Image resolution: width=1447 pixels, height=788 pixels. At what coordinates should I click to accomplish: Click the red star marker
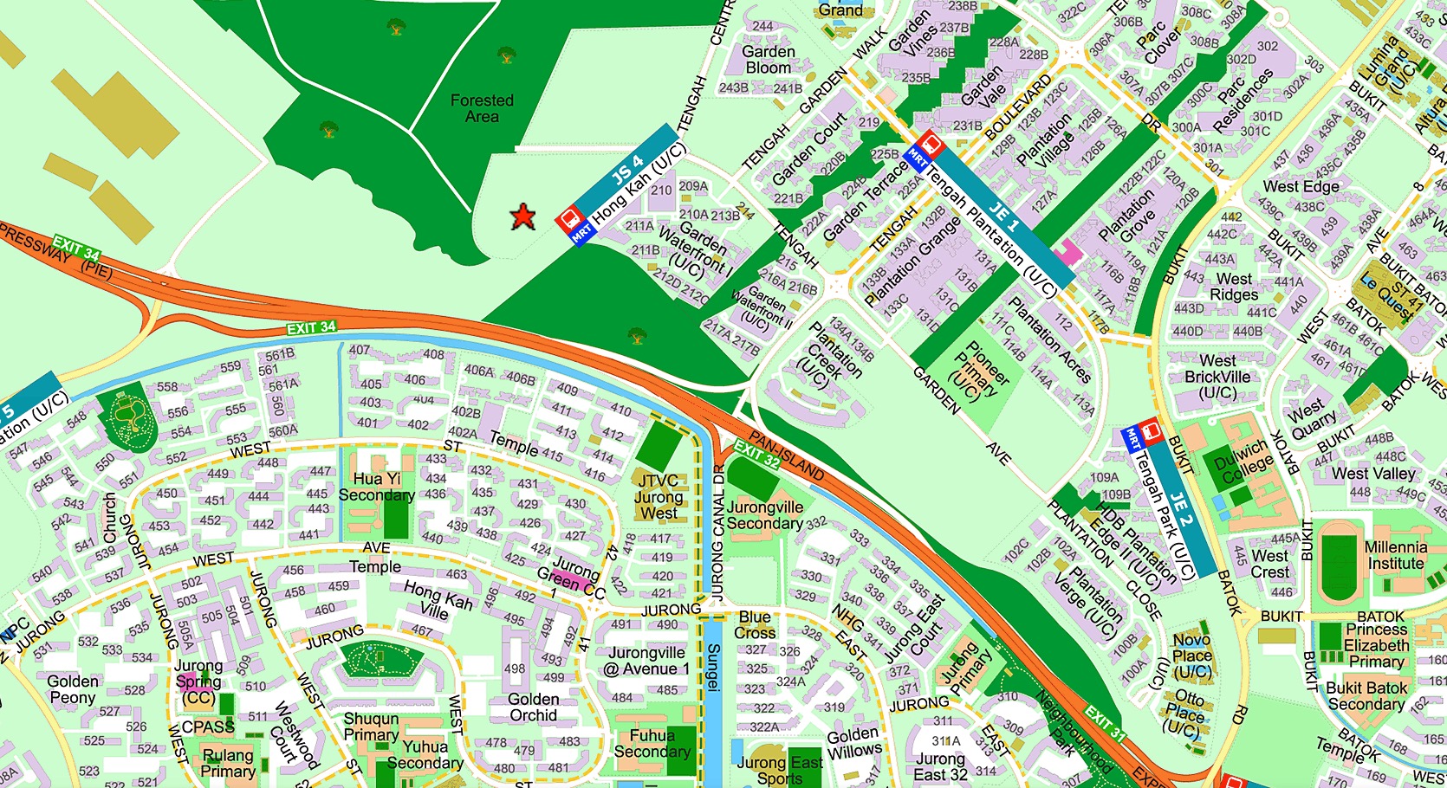522,216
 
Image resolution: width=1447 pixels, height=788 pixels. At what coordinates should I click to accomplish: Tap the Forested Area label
482,108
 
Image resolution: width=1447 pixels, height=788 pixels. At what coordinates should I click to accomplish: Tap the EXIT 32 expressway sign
756,453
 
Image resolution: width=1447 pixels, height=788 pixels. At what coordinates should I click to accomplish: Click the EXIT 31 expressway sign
1106,724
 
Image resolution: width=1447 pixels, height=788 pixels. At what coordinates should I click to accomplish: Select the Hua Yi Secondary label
376,487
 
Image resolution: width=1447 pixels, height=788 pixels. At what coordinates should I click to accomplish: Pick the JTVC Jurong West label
659,497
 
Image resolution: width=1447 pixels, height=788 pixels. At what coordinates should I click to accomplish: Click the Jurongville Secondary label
765,515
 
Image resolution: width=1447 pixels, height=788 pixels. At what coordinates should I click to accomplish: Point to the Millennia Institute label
1395,555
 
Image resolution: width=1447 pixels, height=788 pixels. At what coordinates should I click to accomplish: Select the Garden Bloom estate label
768,59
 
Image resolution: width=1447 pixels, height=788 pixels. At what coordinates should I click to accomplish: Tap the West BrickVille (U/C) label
1217,376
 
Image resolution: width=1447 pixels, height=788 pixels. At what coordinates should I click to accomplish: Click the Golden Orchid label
533,707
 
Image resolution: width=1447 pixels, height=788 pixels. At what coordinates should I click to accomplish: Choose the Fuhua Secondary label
652,743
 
